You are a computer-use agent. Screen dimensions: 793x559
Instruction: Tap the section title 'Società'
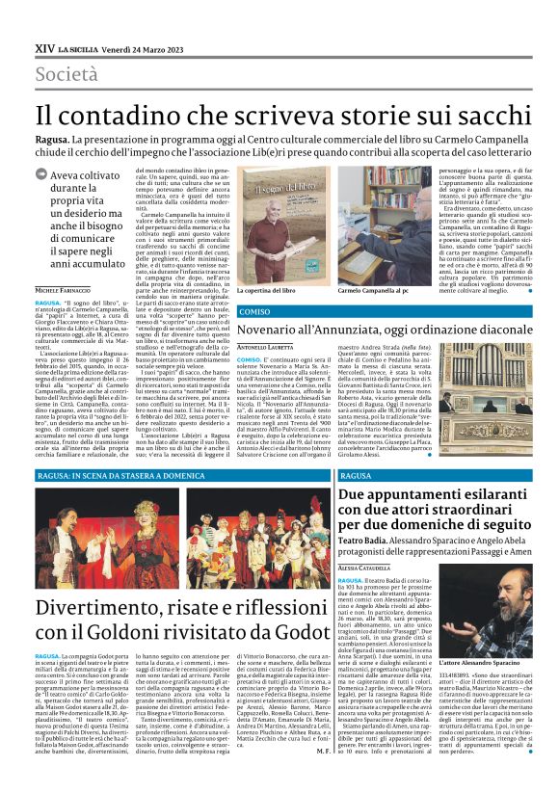[x=67, y=74]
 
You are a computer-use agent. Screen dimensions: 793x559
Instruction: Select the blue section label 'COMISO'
[x=253, y=312]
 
